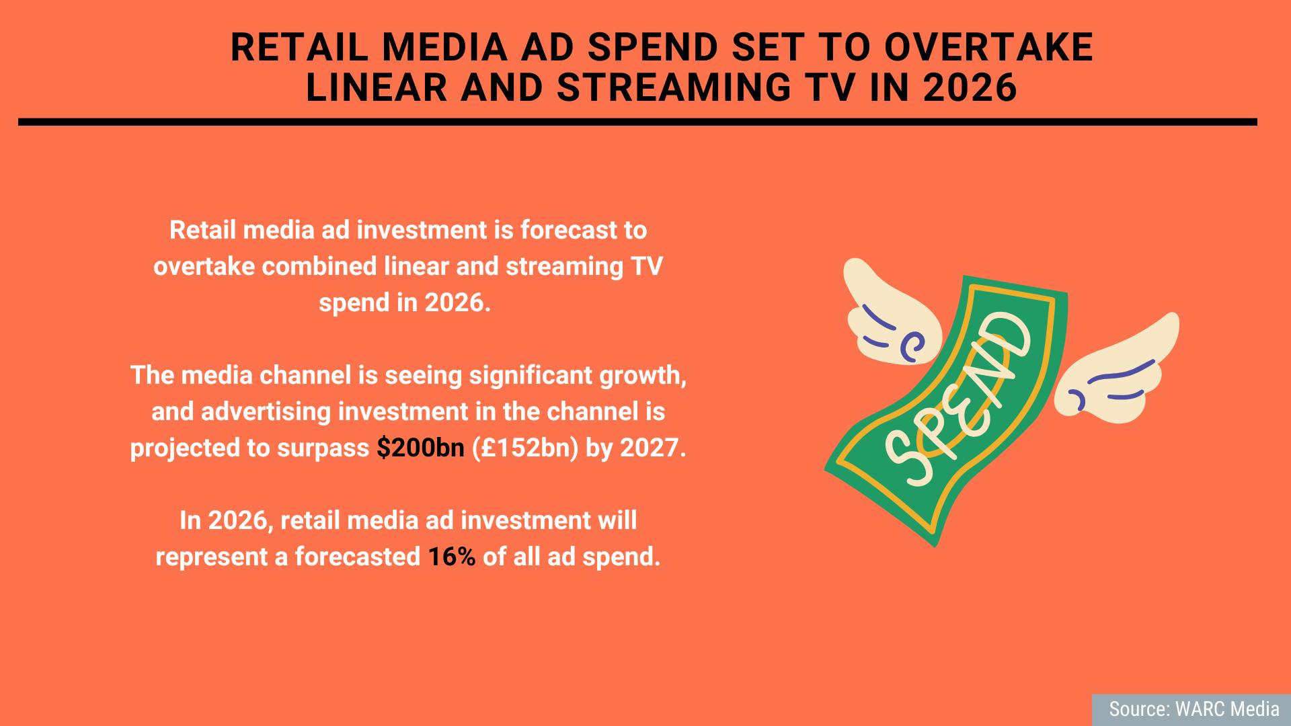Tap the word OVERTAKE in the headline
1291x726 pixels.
(988, 48)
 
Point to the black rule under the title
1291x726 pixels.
(637, 122)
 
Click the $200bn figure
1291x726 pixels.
(420, 448)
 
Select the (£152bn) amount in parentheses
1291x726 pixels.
(525, 448)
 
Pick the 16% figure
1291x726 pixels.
(452, 557)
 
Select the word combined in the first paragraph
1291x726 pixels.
(319, 266)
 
